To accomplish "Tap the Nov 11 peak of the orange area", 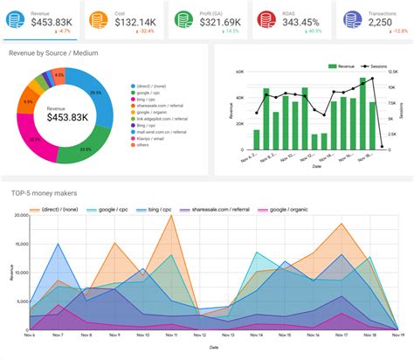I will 171,216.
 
